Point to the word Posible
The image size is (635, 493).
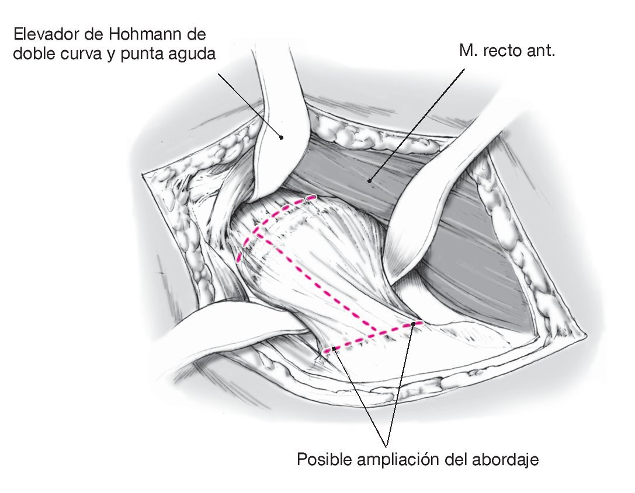click(322, 459)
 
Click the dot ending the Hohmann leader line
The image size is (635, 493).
click(281, 138)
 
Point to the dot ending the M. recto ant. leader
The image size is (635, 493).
click(370, 181)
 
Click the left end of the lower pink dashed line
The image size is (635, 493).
click(325, 351)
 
